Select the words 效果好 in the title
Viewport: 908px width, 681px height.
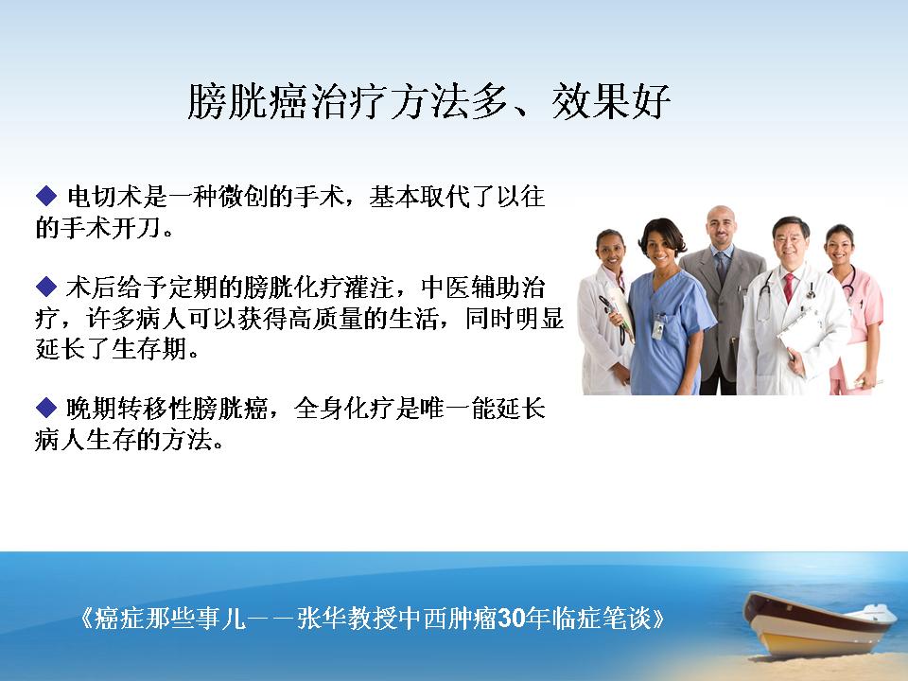click(611, 102)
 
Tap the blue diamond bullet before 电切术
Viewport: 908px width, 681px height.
click(45, 196)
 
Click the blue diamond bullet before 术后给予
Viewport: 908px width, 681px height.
click(45, 286)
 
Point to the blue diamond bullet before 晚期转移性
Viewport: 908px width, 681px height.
click(45, 408)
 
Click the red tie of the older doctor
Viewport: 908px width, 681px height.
click(789, 288)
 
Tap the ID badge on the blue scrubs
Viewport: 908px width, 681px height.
click(658, 328)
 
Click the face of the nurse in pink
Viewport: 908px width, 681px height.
click(839, 247)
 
